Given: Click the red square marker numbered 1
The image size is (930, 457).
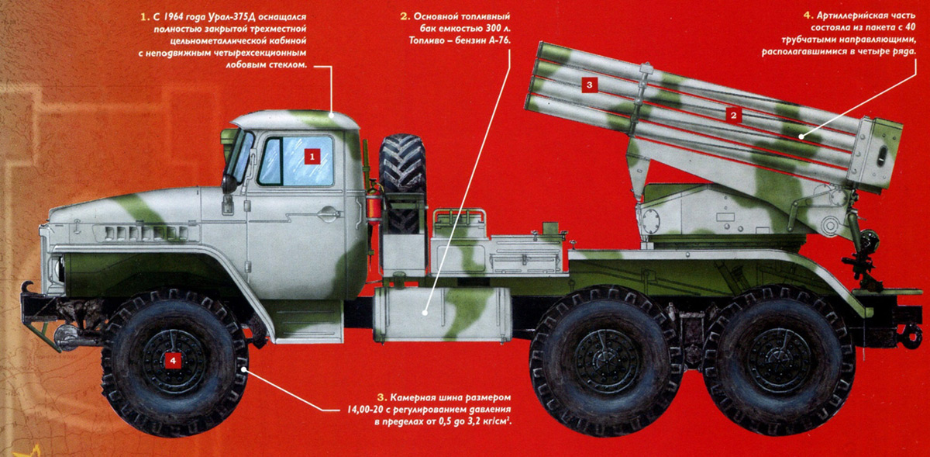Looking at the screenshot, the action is (x=312, y=157).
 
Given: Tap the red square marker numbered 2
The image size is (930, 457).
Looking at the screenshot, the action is (x=733, y=115).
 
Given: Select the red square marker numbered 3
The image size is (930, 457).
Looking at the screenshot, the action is (x=590, y=85).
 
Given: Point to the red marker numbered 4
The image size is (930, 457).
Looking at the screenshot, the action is (x=173, y=361).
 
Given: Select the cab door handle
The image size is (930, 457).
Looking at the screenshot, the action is (x=329, y=213).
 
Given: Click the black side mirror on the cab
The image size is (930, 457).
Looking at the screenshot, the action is (x=229, y=183).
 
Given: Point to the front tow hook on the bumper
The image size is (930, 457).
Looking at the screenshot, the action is (x=28, y=287).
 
